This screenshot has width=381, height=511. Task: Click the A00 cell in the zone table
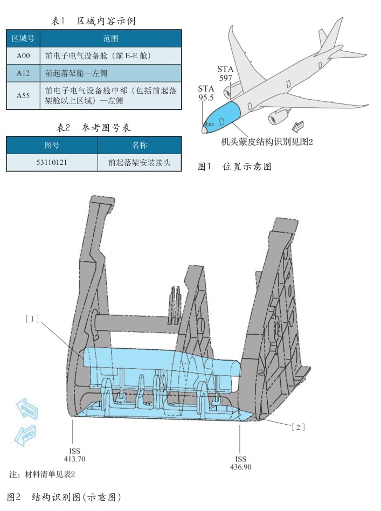23,55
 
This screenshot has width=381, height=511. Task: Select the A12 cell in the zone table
23,72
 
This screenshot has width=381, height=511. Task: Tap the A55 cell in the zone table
23,95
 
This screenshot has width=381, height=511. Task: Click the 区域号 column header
23,38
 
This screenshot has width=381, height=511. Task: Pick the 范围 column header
110,38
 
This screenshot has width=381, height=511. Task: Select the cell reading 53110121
52,162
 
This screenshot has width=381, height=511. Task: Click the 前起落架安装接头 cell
140,162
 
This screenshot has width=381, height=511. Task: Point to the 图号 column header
52,146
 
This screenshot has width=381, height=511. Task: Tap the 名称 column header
140,146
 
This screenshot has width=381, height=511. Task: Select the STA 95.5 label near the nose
206,93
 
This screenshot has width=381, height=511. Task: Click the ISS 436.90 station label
240,462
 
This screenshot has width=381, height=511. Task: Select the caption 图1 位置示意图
234,167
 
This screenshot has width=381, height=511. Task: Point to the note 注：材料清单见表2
43,475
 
